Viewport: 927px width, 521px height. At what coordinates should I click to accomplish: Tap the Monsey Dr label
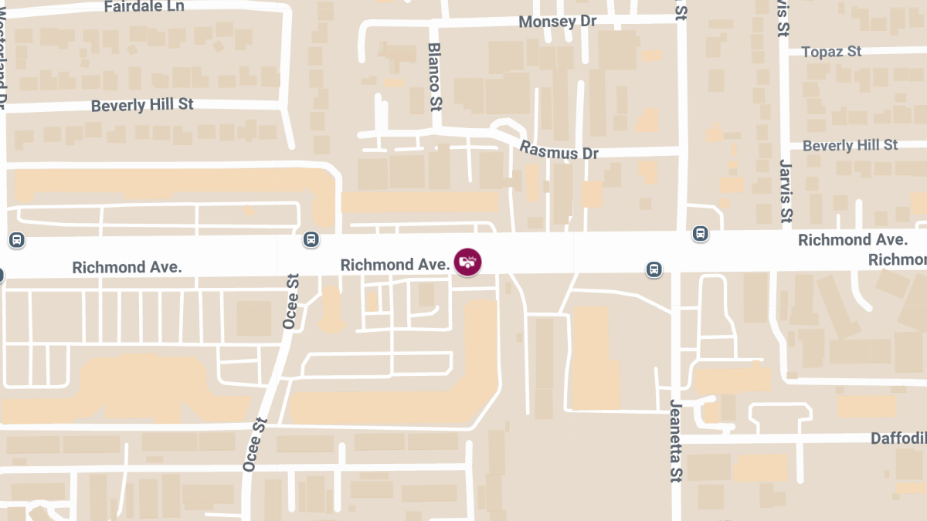[557, 22]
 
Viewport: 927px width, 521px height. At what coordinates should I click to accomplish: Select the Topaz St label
[831, 52]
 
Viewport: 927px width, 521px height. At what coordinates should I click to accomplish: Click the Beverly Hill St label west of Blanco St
[142, 105]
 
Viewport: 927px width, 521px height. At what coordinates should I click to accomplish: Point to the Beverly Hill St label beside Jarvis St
[850, 145]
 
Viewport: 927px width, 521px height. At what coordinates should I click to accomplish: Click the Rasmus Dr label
[559, 150]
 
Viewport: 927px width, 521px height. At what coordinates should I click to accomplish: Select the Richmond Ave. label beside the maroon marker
[395, 265]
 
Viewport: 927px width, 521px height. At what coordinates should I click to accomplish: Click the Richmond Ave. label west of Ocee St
[127, 267]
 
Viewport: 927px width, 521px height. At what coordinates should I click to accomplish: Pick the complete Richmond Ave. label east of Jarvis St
[847, 240]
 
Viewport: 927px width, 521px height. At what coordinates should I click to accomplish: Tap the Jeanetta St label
[676, 440]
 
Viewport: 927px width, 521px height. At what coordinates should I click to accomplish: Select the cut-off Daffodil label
[898, 438]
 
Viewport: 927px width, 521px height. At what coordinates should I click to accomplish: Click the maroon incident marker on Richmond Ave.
[467, 261]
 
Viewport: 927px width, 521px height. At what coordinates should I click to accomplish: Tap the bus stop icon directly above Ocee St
[311, 239]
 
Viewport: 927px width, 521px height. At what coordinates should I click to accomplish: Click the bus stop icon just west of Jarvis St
[700, 233]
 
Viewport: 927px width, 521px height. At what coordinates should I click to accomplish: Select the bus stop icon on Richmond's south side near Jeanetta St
[654, 269]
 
